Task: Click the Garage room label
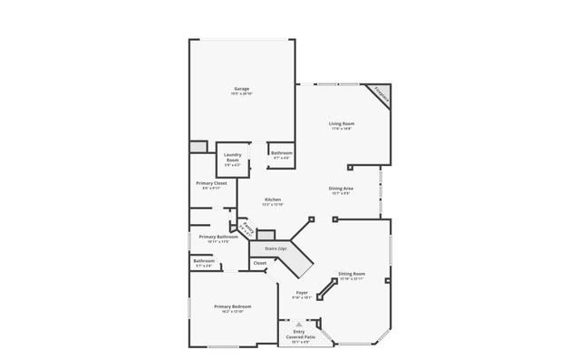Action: tap(241, 88)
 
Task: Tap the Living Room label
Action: tap(341, 123)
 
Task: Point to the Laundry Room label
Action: tap(232, 158)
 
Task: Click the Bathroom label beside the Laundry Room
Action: tap(281, 153)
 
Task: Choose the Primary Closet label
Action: tap(210, 183)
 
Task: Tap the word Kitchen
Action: tap(273, 199)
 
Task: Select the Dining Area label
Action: tap(341, 189)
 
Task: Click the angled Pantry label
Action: tap(246, 227)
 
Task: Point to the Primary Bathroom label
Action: tap(217, 237)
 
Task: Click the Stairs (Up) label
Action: tap(275, 248)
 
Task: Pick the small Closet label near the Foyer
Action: tap(260, 263)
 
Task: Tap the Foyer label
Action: tap(303, 292)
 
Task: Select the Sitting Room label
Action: tap(352, 273)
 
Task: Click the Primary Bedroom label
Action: tap(232, 306)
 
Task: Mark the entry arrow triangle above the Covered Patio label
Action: tap(298, 324)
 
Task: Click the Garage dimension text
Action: tap(241, 93)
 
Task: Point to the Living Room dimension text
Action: tap(341, 129)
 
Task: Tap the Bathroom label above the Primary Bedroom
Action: tap(203, 261)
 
